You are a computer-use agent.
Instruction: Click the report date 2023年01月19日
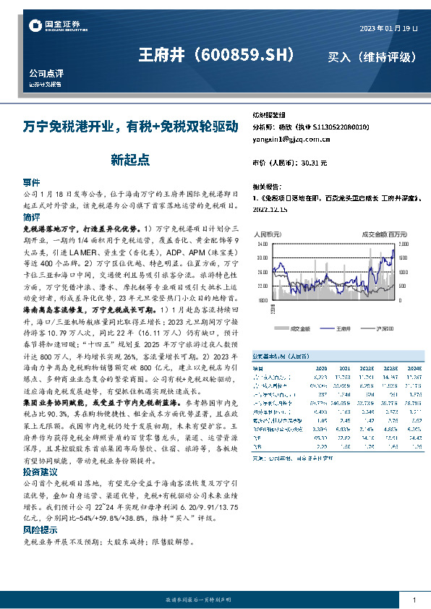click(388, 28)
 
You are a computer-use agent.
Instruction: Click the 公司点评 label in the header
click(46, 74)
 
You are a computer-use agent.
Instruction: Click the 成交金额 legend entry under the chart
click(298, 308)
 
